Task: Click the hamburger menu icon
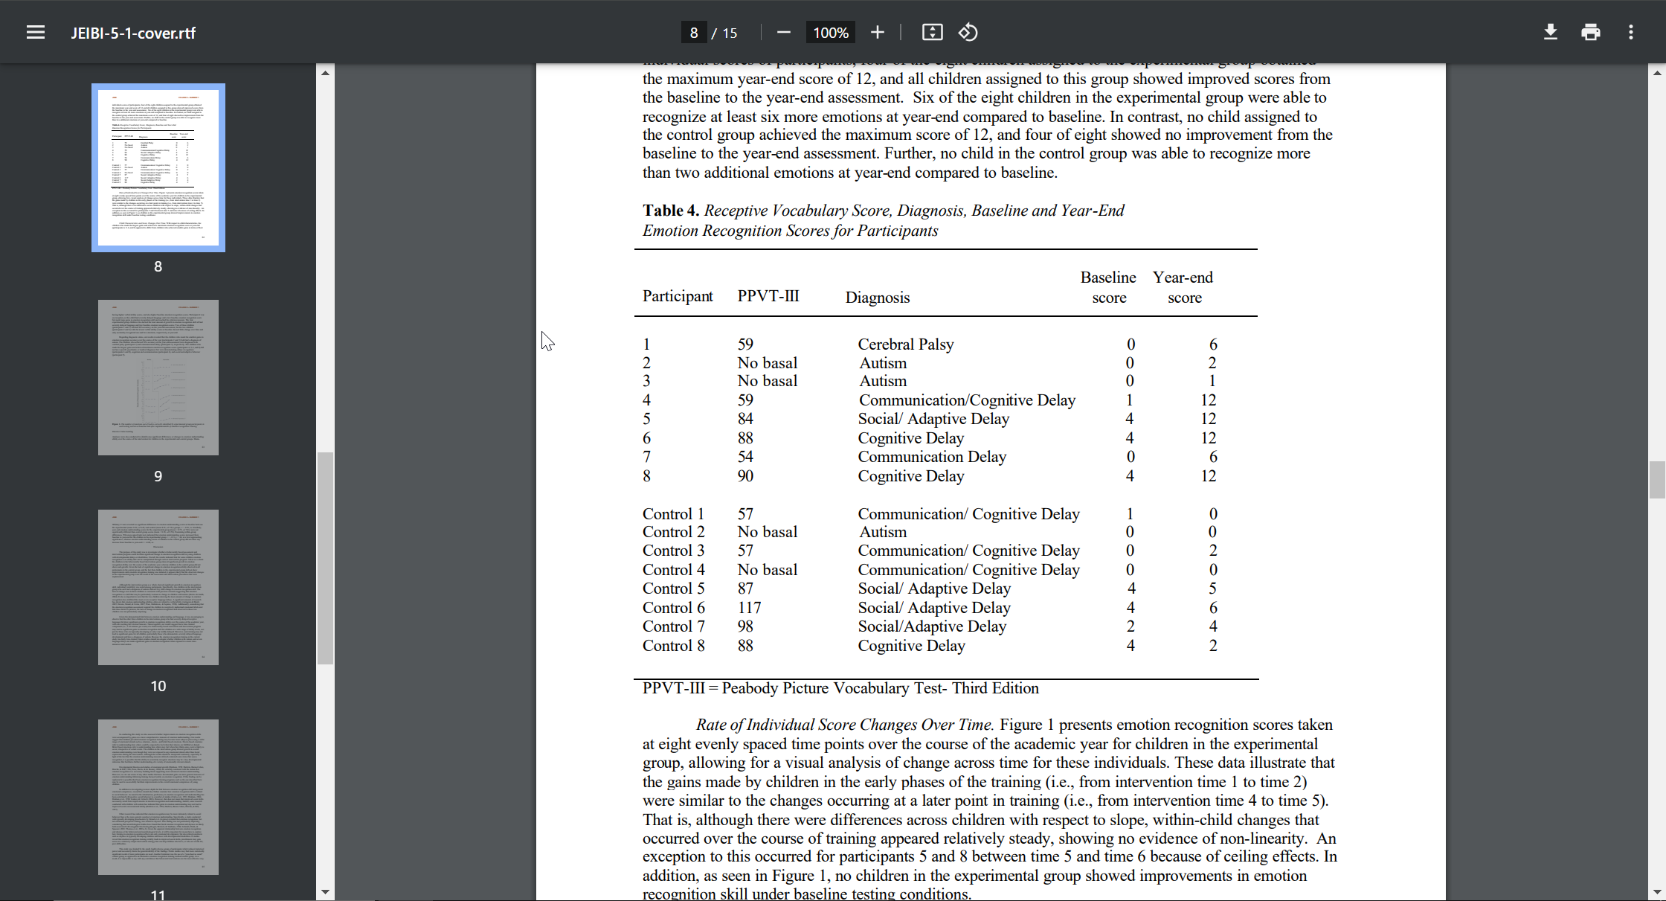[x=36, y=33]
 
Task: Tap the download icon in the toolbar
[x=1551, y=32]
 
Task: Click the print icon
[x=1591, y=32]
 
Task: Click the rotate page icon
[x=968, y=32]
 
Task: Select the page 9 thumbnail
[x=158, y=377]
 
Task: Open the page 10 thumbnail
[x=158, y=587]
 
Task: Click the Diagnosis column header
[x=877, y=298]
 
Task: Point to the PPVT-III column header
[x=768, y=296]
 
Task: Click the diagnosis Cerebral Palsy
[x=905, y=344]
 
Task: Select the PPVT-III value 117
[x=749, y=608]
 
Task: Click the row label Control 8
[x=674, y=646]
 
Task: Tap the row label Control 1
[x=673, y=514]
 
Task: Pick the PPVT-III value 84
[x=745, y=419]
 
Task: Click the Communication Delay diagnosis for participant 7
[x=932, y=457]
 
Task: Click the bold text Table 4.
[x=671, y=211]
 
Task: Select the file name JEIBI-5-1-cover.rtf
[x=133, y=33]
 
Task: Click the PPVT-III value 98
[x=745, y=626]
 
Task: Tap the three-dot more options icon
[x=1631, y=32]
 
